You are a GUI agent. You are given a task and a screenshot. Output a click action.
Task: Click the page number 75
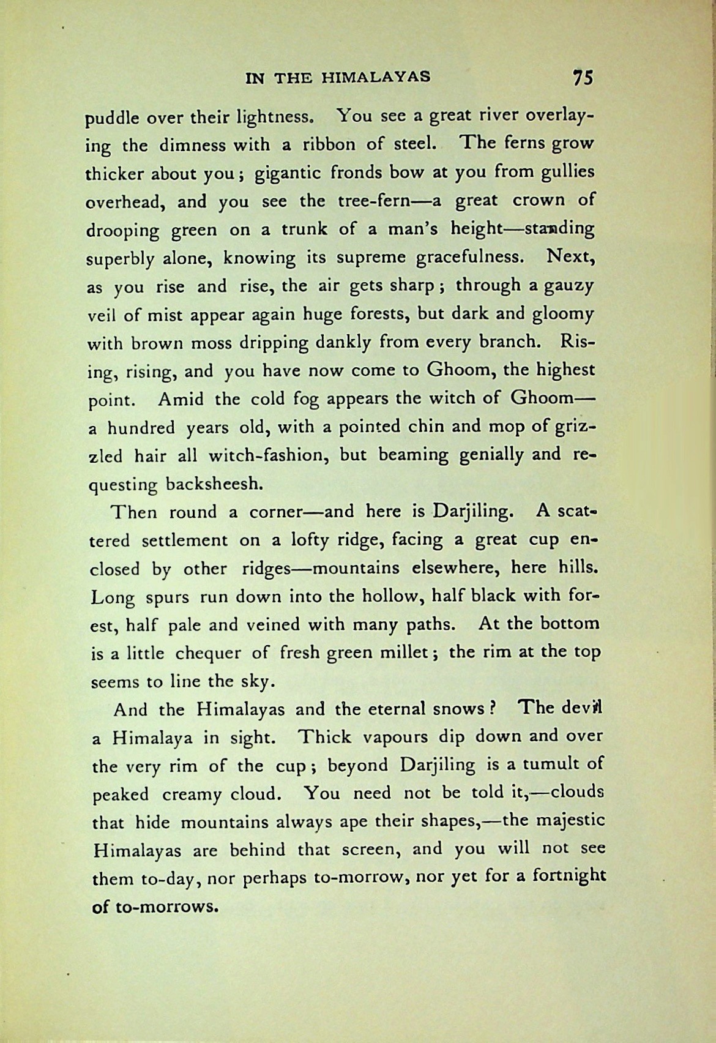tap(582, 78)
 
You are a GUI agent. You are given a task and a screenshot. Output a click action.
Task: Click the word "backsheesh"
tap(214, 484)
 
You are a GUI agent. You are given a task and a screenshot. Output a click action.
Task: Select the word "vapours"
tap(382, 737)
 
